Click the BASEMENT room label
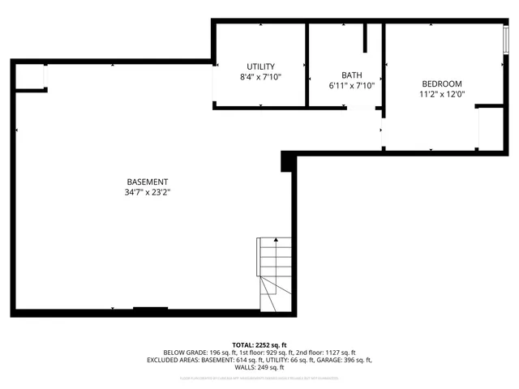pyautogui.click(x=147, y=182)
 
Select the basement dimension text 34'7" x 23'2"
pyautogui.click(x=147, y=192)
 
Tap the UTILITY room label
pyautogui.click(x=260, y=66)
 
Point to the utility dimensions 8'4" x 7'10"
pyautogui.click(x=260, y=77)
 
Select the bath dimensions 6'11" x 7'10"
pyautogui.click(x=350, y=85)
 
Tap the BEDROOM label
pyautogui.click(x=441, y=83)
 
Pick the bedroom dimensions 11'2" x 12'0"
pyautogui.click(x=441, y=94)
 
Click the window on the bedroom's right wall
pyautogui.click(x=506, y=39)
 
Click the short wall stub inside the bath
pyautogui.click(x=366, y=38)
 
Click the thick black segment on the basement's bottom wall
pyautogui.click(x=150, y=309)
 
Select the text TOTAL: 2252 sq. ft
pyautogui.click(x=259, y=344)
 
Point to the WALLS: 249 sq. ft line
pyautogui.click(x=259, y=367)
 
